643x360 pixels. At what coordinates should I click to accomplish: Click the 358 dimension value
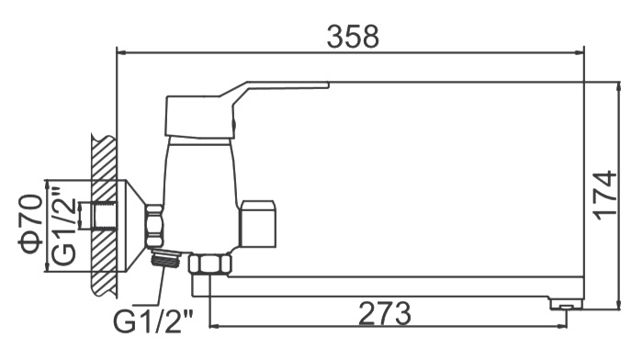point(353,36)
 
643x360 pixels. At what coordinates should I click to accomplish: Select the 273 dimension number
point(384,313)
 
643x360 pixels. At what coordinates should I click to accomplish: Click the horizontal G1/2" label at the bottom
point(153,321)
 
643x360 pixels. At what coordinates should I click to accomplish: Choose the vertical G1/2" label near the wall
point(64,225)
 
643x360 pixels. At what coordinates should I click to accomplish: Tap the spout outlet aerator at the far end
point(567,305)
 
